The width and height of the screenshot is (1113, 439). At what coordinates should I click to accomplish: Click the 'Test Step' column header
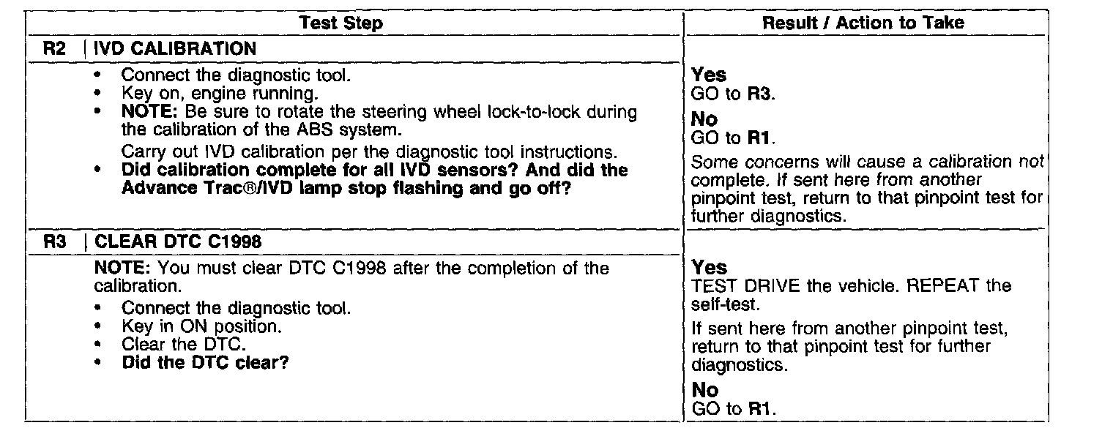click(x=341, y=23)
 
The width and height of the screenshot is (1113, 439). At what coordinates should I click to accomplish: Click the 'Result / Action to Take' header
click(x=863, y=23)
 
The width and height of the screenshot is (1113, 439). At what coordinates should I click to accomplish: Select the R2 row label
click(x=56, y=50)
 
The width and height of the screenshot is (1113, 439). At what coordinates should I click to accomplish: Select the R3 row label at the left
click(x=56, y=241)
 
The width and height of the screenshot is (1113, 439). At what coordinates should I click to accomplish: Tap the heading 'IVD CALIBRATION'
click(x=176, y=50)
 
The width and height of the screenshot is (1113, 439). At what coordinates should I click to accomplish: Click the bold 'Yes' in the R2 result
click(x=709, y=75)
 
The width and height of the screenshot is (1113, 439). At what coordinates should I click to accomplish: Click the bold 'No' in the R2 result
click(x=704, y=119)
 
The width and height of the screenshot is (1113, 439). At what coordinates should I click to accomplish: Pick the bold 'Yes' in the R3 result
click(x=709, y=267)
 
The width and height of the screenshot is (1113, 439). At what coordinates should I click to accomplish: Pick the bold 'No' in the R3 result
click(x=704, y=391)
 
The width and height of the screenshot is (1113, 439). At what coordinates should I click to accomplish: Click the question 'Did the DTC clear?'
click(x=204, y=362)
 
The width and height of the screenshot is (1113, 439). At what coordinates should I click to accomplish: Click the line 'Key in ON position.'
click(x=201, y=326)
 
